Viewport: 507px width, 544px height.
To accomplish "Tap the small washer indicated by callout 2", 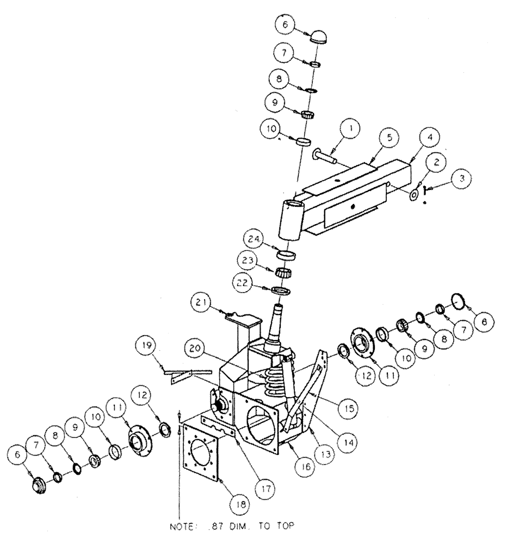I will (x=415, y=193).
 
